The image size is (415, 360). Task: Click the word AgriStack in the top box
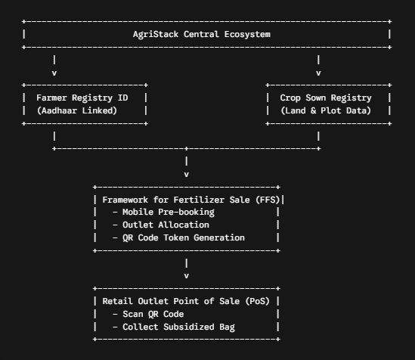(156, 35)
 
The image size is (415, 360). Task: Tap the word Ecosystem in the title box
(247, 34)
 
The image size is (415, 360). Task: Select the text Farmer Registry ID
(82, 98)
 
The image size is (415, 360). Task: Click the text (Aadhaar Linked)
(77, 110)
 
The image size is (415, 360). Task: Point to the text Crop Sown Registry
(326, 98)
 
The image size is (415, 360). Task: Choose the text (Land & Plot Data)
(326, 110)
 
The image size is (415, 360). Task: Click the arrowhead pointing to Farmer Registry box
(54, 73)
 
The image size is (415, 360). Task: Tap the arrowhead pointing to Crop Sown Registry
(318, 73)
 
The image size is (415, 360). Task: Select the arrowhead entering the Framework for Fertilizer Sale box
(186, 175)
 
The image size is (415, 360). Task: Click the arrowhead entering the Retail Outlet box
(186, 276)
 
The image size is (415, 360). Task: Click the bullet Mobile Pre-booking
(163, 213)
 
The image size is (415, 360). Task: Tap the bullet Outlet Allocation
(161, 225)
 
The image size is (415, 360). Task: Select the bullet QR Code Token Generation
(178, 237)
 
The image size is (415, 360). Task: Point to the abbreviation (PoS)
(257, 301)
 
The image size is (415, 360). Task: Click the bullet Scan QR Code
(148, 314)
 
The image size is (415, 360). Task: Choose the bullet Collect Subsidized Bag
(174, 327)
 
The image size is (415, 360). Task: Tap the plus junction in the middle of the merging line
(186, 148)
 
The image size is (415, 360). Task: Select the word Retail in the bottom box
(117, 301)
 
